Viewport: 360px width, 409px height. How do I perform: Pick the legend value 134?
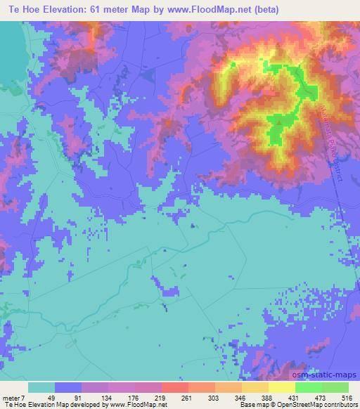click(103, 398)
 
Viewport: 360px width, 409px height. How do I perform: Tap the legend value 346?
click(240, 398)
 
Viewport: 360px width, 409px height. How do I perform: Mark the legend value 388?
click(268, 398)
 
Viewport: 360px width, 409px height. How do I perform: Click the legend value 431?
click(295, 398)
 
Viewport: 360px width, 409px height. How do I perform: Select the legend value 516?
click(348, 398)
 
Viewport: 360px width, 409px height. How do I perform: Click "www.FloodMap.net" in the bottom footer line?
click(134, 405)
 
